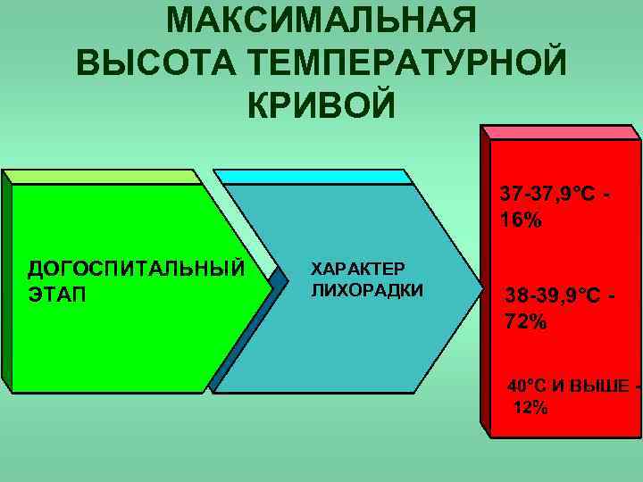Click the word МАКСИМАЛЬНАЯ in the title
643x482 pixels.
tap(321, 20)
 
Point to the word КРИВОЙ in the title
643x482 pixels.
tap(319, 105)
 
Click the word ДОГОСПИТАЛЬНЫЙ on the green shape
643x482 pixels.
tap(135, 269)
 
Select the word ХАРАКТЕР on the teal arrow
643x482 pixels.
tap(357, 268)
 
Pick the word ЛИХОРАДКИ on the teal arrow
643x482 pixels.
tap(366, 290)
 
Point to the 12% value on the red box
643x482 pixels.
tap(531, 408)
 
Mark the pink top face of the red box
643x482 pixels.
tap(563, 130)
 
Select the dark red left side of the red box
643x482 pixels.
tap(487, 286)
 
